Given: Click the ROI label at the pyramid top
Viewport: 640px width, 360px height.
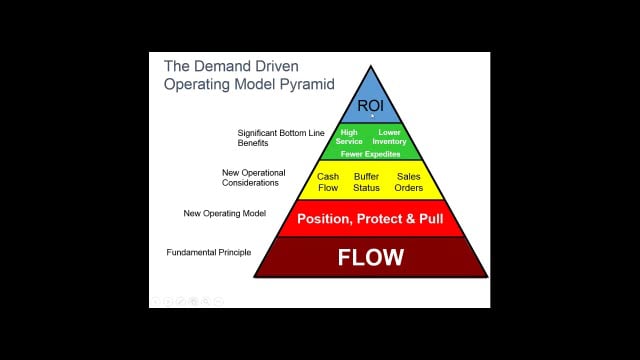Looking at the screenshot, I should coord(371,105).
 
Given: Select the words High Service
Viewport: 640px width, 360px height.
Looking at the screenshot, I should coord(350,137).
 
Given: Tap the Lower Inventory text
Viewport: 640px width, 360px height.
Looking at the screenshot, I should coord(391,137).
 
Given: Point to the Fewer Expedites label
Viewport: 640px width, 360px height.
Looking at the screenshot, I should coord(371,154).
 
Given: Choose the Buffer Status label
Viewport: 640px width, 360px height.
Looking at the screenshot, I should coord(366,181).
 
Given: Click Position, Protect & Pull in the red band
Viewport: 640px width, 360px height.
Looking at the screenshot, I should coord(371,219).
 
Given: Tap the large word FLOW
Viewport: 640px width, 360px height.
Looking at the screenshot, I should coord(371,258).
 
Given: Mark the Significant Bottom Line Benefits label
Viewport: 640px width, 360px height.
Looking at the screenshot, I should coord(270,138).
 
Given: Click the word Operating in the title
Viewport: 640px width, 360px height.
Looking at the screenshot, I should coord(200,85).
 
